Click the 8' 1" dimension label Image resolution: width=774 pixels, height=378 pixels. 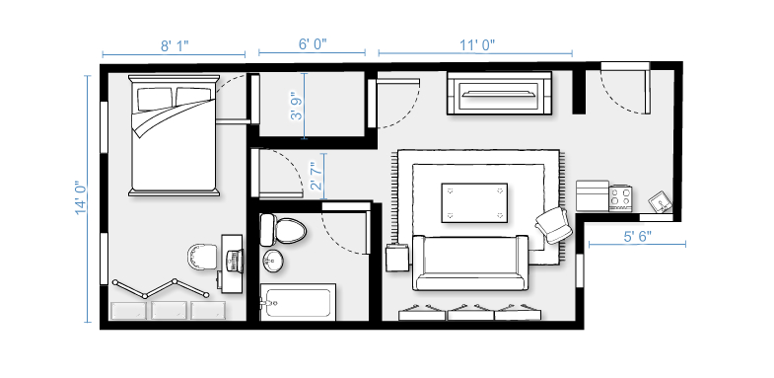175,46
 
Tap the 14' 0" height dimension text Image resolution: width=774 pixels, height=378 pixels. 81,197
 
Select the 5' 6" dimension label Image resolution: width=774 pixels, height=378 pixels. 637,236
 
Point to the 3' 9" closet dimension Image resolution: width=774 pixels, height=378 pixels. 296,106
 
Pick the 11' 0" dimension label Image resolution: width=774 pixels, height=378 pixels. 477,45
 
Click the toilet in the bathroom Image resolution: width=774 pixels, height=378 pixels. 283,230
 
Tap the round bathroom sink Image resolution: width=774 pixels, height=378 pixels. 273,261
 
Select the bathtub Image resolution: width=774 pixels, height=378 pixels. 298,302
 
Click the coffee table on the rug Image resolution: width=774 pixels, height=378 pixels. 474,202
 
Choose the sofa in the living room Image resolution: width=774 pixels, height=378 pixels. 470,263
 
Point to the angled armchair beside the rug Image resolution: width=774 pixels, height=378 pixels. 554,225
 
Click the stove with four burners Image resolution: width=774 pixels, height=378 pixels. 620,198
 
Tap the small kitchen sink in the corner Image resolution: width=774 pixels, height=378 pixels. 660,201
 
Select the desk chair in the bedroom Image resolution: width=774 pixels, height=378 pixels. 202,257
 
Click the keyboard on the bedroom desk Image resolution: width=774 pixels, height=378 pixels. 233,261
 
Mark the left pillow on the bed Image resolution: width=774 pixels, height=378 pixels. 155,99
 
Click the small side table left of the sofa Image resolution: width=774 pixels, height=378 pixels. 397,258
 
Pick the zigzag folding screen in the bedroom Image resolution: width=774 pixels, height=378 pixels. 161,288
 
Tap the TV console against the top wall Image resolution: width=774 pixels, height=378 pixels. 499,93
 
